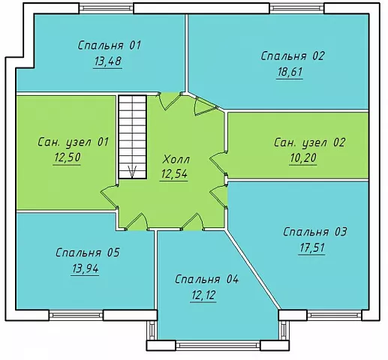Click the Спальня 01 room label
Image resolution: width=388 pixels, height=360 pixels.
110,46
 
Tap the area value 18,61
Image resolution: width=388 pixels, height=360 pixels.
290,72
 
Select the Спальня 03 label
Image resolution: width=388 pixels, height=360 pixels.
314,232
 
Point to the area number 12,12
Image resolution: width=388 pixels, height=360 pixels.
203,295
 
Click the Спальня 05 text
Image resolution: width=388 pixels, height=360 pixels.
88,253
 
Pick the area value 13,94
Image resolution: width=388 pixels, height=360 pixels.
85,268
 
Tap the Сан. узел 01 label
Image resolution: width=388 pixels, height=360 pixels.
73,142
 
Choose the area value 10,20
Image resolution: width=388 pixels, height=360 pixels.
303,158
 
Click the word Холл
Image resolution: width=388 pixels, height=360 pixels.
176,160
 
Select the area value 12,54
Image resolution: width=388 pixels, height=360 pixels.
174,174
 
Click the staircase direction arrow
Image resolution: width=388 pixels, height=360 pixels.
132,172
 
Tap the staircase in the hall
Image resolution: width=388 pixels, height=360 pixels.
132,136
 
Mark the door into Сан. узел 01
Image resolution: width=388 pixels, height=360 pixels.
109,196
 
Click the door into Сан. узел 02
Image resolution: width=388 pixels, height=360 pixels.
218,163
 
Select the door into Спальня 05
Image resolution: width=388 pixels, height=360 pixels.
137,222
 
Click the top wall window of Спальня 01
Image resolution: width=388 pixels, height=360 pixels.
107,8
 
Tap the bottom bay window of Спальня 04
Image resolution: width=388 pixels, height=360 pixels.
218,345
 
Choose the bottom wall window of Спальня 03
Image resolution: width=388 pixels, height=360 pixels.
335,315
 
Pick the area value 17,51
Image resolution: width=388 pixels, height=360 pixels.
312,248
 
